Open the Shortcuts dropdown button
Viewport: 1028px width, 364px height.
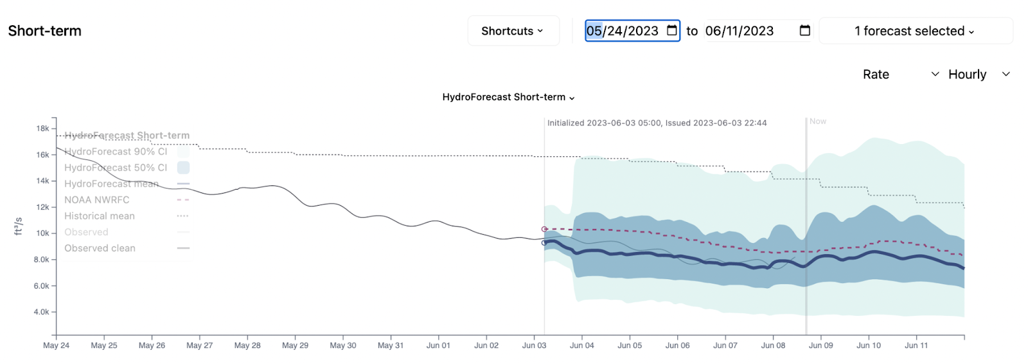point(513,31)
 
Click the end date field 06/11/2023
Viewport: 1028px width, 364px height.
point(740,31)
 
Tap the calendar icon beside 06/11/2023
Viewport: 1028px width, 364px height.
point(804,31)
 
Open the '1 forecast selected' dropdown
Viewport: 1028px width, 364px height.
point(915,31)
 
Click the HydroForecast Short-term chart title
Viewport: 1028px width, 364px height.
point(508,97)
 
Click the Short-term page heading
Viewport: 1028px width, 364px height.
point(45,31)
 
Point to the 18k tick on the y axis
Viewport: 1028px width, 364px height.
point(43,129)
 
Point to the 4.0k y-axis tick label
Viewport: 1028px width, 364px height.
point(42,312)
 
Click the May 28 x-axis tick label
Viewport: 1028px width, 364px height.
point(247,345)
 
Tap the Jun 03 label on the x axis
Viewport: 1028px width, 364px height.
point(534,345)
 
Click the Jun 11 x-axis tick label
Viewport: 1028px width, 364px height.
point(916,345)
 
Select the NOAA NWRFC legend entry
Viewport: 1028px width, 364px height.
point(97,200)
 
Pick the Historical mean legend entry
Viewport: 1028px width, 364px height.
point(100,216)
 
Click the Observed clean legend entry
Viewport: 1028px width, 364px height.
point(100,248)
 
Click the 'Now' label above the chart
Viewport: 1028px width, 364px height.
point(818,122)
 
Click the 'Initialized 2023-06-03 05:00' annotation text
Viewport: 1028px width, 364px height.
point(657,123)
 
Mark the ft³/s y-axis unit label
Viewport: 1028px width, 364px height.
point(19,226)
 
